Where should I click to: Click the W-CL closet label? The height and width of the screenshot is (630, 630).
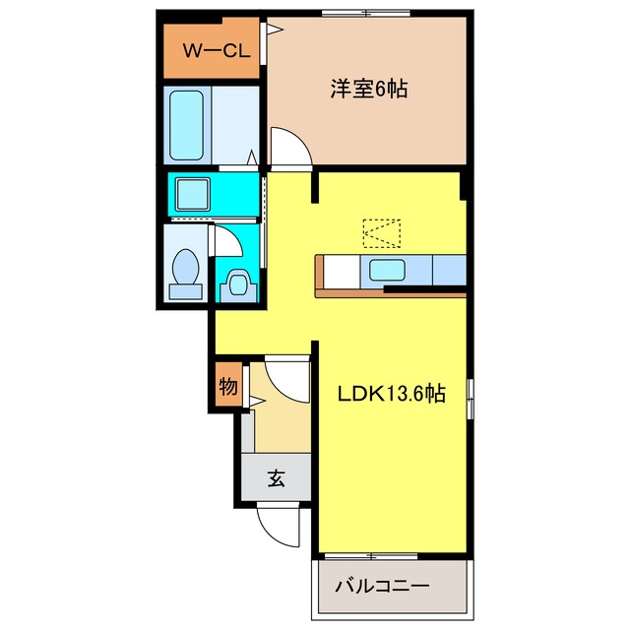[217, 50]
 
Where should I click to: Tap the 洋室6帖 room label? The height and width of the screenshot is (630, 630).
[369, 89]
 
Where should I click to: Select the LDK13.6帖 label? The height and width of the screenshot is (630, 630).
[392, 394]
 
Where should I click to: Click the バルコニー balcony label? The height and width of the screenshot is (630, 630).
[382, 587]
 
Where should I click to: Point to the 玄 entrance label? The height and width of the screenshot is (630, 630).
[276, 477]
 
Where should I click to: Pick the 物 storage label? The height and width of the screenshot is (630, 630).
[228, 387]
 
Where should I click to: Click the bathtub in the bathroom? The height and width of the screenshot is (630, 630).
[186, 125]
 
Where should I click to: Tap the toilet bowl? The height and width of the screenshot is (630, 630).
[186, 267]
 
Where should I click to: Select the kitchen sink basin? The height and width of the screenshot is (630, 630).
[387, 270]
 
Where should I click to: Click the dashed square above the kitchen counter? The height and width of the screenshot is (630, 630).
[381, 233]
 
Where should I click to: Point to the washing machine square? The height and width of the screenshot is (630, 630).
[193, 194]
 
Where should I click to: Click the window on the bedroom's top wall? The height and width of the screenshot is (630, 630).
[366, 13]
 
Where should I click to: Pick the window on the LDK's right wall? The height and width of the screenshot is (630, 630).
[471, 399]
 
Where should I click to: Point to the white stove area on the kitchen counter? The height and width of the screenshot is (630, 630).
[342, 272]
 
